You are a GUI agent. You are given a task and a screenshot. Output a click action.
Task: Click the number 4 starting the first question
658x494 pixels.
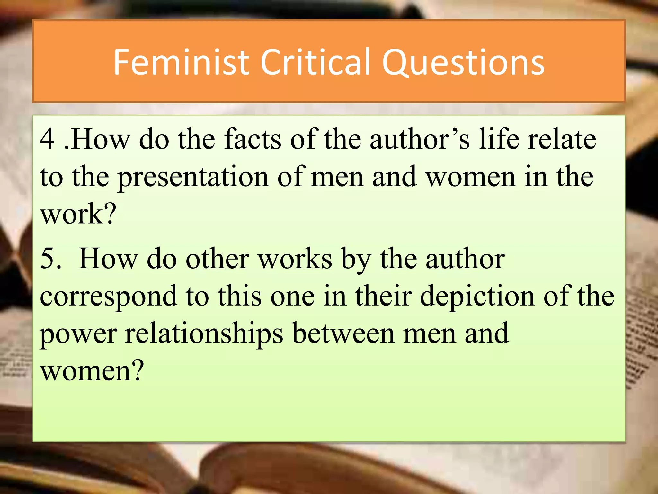[47, 139]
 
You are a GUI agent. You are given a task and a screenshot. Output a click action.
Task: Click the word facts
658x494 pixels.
[253, 139]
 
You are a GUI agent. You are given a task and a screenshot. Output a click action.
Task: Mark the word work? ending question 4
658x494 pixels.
[78, 214]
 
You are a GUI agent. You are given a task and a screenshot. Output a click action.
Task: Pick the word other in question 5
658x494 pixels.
[217, 259]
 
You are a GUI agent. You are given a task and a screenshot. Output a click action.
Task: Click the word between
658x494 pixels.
[343, 333]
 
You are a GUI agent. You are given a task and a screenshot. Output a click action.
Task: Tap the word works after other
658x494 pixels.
[295, 259]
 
